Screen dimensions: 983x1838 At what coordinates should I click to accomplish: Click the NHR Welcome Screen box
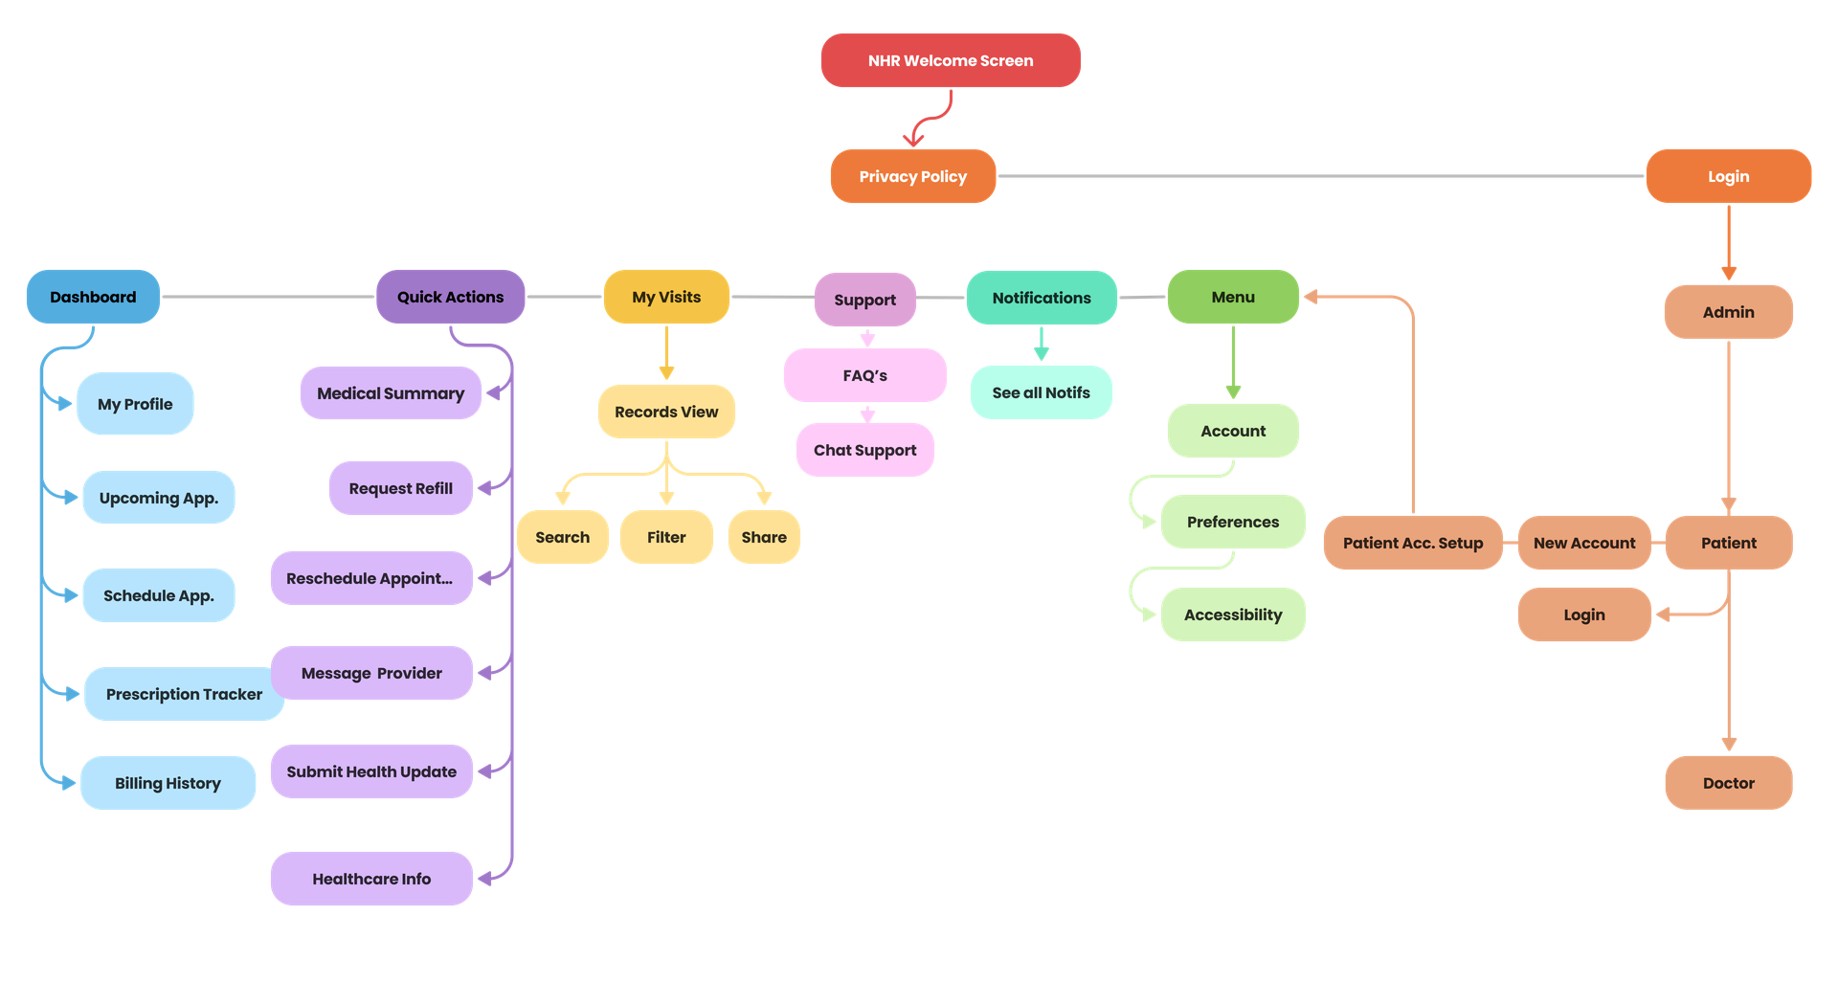pyautogui.click(x=951, y=60)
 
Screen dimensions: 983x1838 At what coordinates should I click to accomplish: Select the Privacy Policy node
pyautogui.click(x=912, y=176)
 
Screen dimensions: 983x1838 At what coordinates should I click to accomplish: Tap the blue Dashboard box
pyautogui.click(x=93, y=297)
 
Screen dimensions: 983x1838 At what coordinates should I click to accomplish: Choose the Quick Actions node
pyautogui.click(x=450, y=297)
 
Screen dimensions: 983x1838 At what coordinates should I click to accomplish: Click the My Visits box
pyautogui.click(x=666, y=297)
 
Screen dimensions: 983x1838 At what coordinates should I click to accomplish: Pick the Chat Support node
pyautogui.click(x=864, y=450)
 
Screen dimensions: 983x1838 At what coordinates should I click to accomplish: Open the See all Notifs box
pyautogui.click(x=1041, y=392)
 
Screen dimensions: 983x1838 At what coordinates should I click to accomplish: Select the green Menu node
pyautogui.click(x=1233, y=297)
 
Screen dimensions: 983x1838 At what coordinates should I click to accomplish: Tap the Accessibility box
pyautogui.click(x=1233, y=614)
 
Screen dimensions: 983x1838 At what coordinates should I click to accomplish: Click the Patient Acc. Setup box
pyautogui.click(x=1412, y=543)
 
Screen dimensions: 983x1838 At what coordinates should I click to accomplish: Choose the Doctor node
pyautogui.click(x=1728, y=783)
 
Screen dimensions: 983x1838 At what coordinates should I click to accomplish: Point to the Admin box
pyautogui.click(x=1728, y=312)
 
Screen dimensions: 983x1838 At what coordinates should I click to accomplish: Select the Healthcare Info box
pyautogui.click(x=371, y=879)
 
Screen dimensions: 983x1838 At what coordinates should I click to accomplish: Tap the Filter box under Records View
pyautogui.click(x=666, y=537)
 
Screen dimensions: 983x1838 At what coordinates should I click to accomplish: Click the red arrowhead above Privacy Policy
pyautogui.click(x=913, y=139)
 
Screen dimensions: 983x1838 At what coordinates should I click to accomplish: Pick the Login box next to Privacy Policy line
pyautogui.click(x=1728, y=176)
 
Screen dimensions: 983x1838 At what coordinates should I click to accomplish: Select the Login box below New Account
pyautogui.click(x=1583, y=614)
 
